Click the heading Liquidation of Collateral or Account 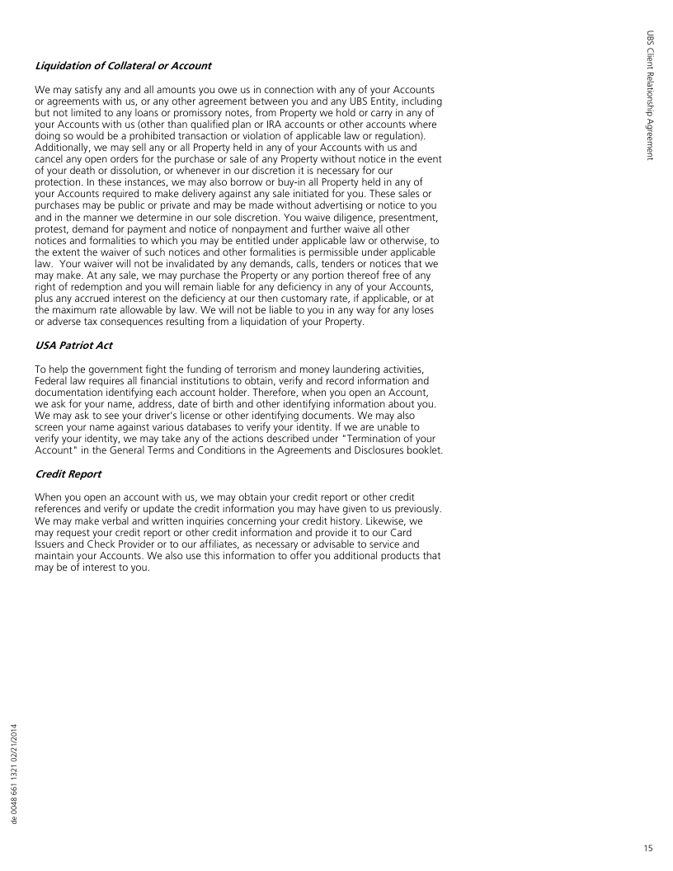123,65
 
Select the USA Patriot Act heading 73,346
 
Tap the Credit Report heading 68,475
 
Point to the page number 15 649,846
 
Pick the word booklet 421,451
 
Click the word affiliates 216,544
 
